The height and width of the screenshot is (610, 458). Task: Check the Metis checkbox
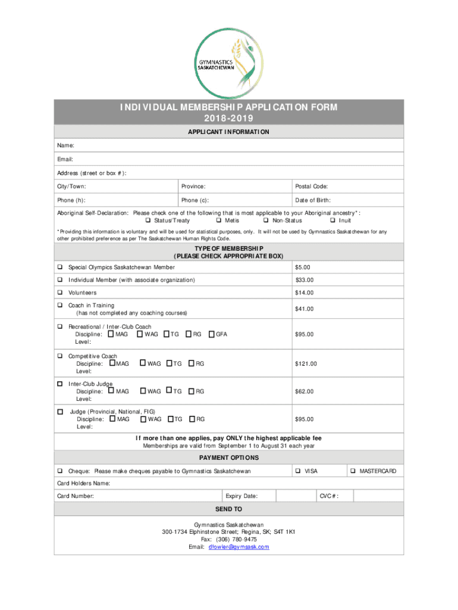pyautogui.click(x=211, y=220)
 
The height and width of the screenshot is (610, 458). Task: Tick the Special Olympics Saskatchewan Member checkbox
pyautogui.click(x=60, y=267)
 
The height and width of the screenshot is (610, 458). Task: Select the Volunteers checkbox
pyautogui.click(x=60, y=293)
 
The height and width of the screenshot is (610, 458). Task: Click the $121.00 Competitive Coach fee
pyautogui.click(x=306, y=363)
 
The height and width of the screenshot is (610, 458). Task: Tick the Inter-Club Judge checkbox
pyautogui.click(x=60, y=384)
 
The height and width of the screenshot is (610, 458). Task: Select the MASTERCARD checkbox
pyautogui.click(x=353, y=471)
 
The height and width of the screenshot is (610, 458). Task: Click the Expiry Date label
pyautogui.click(x=241, y=496)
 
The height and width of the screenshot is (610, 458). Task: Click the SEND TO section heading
pyautogui.click(x=228, y=509)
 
